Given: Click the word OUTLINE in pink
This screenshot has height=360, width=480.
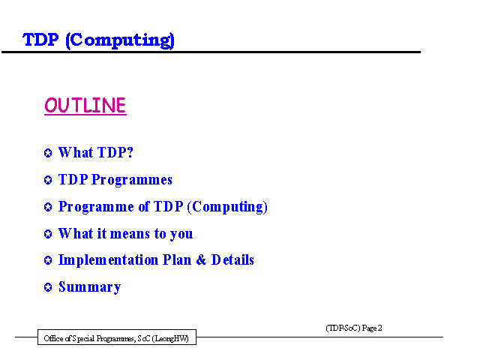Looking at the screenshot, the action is pos(85,106).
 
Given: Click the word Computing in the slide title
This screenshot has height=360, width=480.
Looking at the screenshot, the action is pos(121,40).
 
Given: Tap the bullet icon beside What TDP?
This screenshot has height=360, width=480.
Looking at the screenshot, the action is pos(48,153).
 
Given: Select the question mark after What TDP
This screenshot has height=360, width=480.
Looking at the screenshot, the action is pos(130,152).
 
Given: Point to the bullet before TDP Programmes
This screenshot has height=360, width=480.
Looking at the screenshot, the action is pos(48,180).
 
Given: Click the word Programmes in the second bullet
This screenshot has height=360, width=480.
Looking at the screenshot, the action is pos(132,180).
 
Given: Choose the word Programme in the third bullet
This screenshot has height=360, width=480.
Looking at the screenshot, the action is pos(97,207).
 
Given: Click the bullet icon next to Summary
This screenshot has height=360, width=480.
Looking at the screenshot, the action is pos(48,287).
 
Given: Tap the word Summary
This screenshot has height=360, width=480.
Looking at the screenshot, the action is pos(90,287).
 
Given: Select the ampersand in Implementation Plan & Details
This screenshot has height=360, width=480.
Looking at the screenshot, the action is pos(201,260).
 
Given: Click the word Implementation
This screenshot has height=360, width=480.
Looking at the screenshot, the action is pos(108,260).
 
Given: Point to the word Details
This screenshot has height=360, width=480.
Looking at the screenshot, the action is pos(232,260).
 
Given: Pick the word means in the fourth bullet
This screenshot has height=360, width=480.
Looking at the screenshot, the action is pos(130,234).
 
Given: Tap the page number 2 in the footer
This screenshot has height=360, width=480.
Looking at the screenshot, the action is pos(380,328).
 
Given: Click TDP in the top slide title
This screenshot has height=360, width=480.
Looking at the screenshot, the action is pos(40,40).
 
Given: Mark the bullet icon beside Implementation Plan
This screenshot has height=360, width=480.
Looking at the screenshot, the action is pos(48,260).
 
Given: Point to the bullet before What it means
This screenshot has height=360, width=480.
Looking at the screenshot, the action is pos(48,234).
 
